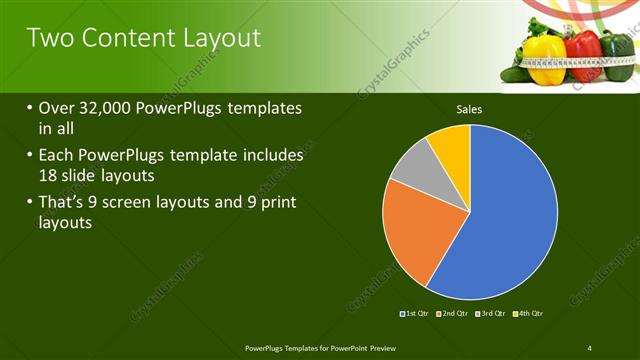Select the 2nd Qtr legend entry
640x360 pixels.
[455, 314]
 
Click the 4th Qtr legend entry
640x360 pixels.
[529, 314]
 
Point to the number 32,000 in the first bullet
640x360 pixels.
[107, 108]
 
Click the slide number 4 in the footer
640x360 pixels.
[589, 347]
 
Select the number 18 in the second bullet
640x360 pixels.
[49, 174]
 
